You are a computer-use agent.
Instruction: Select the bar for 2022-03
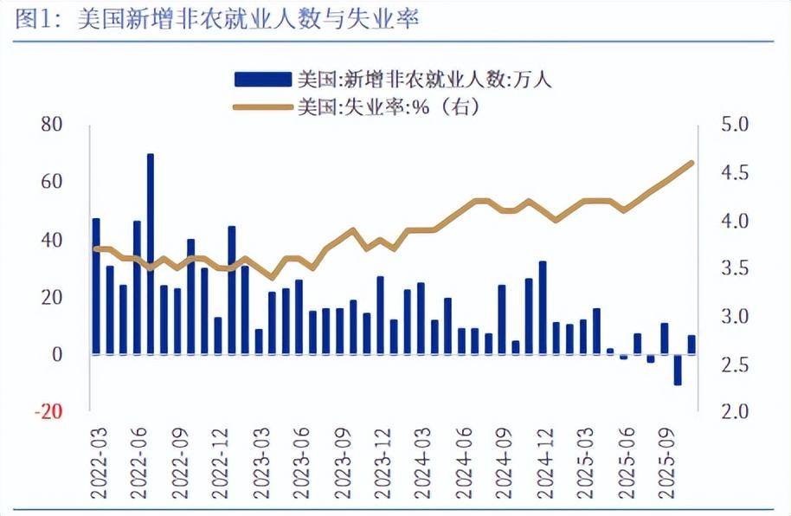pos(96,286)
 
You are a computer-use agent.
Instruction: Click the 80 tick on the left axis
pos(52,125)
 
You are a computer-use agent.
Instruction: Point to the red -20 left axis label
pos(49,411)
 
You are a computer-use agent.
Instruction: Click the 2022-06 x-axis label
pos(138,458)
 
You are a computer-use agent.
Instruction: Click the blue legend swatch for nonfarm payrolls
pos(261,81)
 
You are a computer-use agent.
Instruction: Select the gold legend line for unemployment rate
pos(261,107)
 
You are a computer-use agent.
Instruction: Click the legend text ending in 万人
pos(424,81)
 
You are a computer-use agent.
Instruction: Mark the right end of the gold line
pos(692,163)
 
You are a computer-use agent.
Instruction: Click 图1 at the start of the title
pos(33,19)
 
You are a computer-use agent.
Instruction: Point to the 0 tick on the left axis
pos(57,354)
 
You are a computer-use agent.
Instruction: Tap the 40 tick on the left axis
pos(52,240)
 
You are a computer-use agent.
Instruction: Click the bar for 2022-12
pos(232,290)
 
